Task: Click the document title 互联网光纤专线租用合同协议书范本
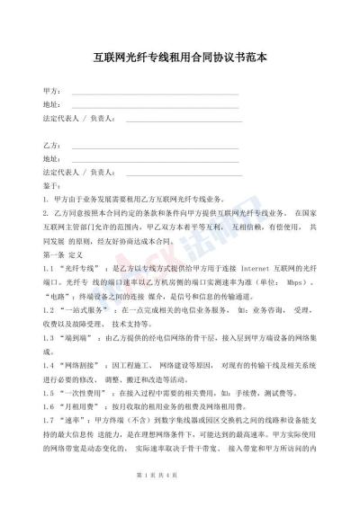tap(181, 56)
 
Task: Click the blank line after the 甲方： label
tap(153, 93)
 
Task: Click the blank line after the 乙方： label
tap(153, 145)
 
